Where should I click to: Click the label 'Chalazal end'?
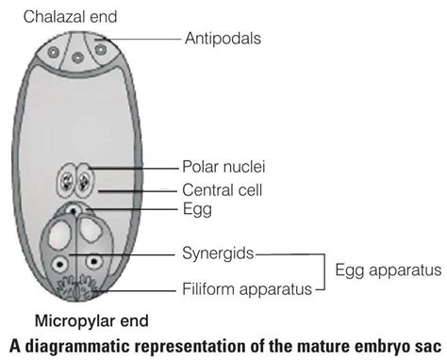point(65,15)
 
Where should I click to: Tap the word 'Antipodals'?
point(223,39)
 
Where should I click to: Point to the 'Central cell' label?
point(223,189)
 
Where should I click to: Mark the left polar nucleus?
point(69,180)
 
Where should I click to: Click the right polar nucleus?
point(83,180)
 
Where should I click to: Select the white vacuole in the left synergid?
point(62,233)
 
